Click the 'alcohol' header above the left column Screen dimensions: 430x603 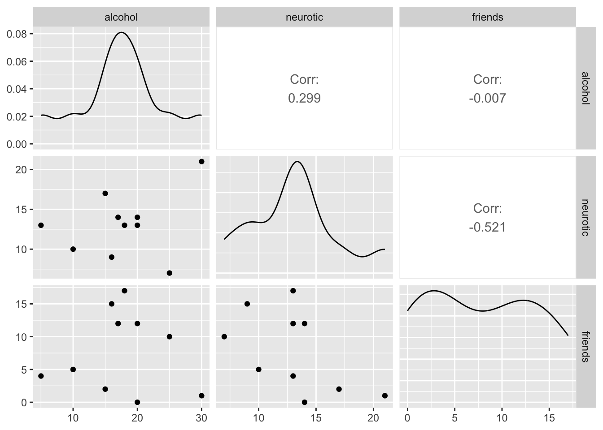(x=121, y=17)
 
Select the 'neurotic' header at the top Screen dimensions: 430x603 (x=304, y=17)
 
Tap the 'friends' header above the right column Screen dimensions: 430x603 (x=488, y=17)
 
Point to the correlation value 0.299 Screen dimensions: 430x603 (x=304, y=99)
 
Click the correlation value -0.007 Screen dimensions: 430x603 (x=488, y=99)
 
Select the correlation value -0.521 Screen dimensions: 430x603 (x=488, y=228)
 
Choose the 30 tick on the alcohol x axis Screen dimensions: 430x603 (x=201, y=418)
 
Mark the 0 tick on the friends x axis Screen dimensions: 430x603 (x=407, y=418)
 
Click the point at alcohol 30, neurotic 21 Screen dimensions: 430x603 (x=201, y=161)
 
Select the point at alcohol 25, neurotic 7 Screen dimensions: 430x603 (x=169, y=273)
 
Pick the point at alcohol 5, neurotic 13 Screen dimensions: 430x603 (x=41, y=225)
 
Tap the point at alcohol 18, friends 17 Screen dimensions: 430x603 (x=124, y=291)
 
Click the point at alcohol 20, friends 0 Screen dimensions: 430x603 (x=137, y=402)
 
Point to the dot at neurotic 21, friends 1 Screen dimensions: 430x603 (x=385, y=396)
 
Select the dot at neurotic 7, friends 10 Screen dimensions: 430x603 (x=224, y=336)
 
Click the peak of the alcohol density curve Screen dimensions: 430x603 (x=121, y=32)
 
